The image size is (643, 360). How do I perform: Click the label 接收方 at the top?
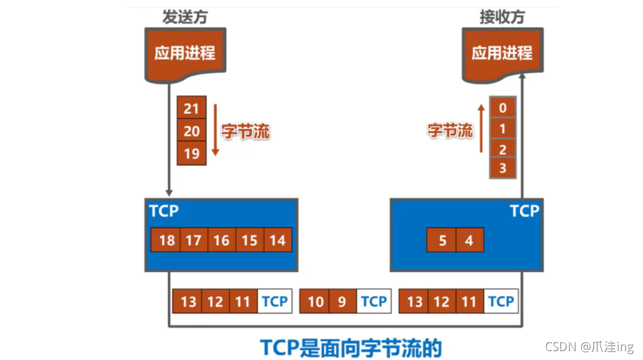pyautogui.click(x=502, y=17)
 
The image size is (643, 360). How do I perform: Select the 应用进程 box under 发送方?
pyautogui.click(x=185, y=53)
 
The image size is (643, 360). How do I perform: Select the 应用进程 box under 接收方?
pyautogui.click(x=502, y=53)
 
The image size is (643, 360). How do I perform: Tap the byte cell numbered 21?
pyautogui.click(x=191, y=108)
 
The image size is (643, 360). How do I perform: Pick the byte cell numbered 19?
pyautogui.click(x=191, y=153)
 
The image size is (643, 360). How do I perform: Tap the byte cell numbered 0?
pyautogui.click(x=503, y=108)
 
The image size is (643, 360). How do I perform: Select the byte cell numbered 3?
pyautogui.click(x=503, y=169)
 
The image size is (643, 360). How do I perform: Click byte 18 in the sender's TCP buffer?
pyautogui.click(x=167, y=240)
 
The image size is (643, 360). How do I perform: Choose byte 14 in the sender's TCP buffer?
pyautogui.click(x=277, y=240)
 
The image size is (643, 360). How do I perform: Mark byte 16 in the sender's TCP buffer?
pyautogui.click(x=221, y=240)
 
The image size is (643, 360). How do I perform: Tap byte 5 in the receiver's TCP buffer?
pyautogui.click(x=442, y=241)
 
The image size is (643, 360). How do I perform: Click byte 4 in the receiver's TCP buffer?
pyautogui.click(x=469, y=241)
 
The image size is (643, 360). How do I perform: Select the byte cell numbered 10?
pyautogui.click(x=315, y=302)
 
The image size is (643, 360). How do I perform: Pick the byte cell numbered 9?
pyautogui.click(x=343, y=302)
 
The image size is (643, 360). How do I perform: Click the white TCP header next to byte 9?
pyautogui.click(x=373, y=302)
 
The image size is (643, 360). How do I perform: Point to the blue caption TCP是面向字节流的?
pyautogui.click(x=350, y=347)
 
